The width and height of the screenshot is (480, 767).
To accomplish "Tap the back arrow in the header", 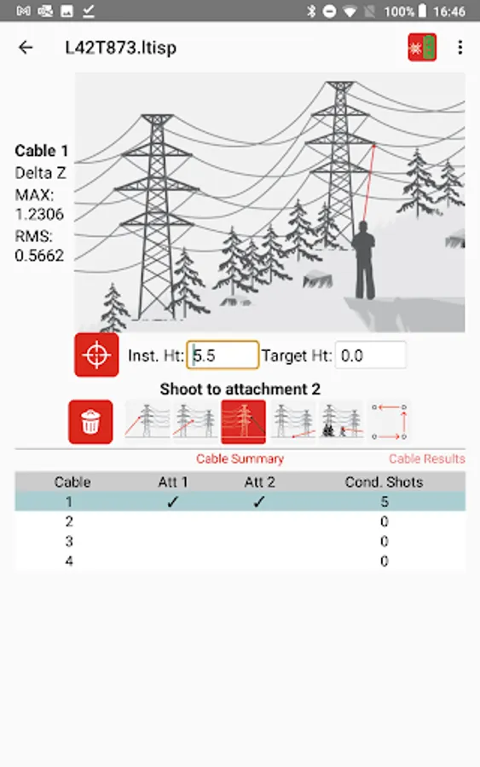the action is point(26,48).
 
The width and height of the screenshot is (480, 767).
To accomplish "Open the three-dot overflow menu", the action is point(460,48).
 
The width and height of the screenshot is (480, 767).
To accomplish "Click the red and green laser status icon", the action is point(422,48).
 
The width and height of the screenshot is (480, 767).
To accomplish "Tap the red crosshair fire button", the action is point(96,355).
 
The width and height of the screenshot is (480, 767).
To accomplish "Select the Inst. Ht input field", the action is point(223,355).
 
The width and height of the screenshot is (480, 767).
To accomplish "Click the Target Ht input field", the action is point(370,355).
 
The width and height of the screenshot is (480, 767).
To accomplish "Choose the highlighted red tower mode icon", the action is point(243,422).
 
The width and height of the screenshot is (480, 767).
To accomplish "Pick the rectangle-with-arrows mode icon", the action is point(389,422).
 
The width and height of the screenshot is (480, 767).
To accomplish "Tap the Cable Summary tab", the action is point(240,458).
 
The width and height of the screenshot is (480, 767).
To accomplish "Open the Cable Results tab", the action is point(426,458).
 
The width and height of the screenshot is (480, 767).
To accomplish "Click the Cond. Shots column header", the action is point(385,482).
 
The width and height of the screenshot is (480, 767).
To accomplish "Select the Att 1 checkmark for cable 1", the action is point(172,501).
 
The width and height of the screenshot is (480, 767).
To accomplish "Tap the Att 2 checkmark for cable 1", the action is point(259,501).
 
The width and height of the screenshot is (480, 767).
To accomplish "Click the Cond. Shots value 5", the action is point(385,501).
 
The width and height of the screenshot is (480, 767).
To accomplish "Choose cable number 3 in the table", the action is point(69,541).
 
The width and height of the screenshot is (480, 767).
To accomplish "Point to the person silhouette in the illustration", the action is point(364,259).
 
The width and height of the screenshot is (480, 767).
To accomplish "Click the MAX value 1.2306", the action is point(39,214).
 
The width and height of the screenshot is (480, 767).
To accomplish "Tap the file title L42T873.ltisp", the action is point(121,48).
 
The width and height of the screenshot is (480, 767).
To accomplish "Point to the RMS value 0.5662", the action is point(39,256).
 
